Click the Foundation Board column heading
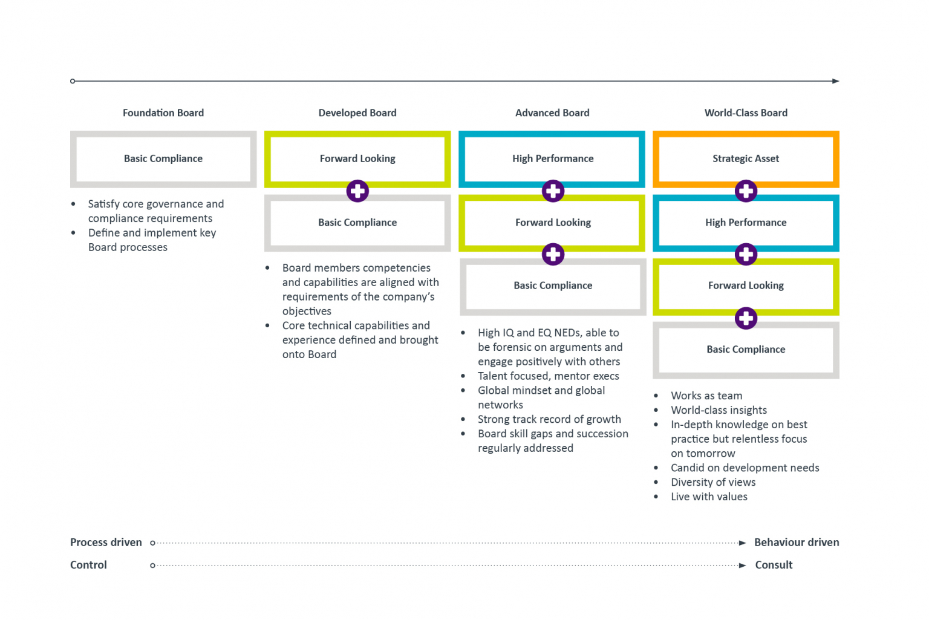163,113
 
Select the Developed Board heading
357,113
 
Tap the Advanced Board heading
552,113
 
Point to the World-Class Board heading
746,113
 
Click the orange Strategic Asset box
746,158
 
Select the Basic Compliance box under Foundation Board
163,158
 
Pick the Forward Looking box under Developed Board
357,158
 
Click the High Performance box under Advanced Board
552,158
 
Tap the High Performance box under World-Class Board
746,223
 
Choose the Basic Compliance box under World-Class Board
746,350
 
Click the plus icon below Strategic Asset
746,191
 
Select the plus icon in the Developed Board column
357,191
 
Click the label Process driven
106,543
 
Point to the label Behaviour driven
797,543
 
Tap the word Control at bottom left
88,565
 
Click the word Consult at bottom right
774,565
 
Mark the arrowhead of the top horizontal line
835,81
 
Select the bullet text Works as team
706,396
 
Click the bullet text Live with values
709,497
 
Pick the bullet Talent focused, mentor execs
548,376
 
